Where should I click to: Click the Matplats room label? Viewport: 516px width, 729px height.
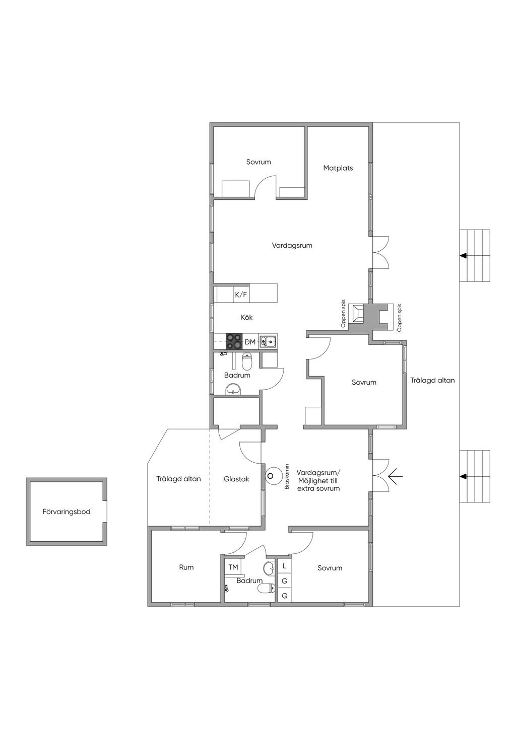click(x=338, y=168)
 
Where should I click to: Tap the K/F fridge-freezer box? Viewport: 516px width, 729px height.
click(x=241, y=294)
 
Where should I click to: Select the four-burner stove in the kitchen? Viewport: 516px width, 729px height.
click(x=234, y=341)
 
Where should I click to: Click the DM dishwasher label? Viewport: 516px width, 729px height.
click(x=250, y=342)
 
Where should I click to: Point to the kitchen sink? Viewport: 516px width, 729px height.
click(x=268, y=341)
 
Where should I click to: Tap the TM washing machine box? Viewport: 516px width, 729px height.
click(x=233, y=567)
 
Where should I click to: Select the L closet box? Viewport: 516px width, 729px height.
click(x=284, y=565)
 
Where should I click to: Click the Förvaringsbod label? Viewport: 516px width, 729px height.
click(x=66, y=512)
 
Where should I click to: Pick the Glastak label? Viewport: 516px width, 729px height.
click(x=236, y=479)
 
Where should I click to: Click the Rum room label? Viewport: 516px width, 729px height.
click(x=186, y=567)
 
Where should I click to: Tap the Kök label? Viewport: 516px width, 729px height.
click(x=246, y=317)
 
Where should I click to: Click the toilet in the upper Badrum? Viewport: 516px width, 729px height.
click(x=247, y=361)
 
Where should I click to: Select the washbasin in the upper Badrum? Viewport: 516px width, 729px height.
click(x=233, y=389)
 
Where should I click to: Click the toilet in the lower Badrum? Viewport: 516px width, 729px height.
click(x=267, y=588)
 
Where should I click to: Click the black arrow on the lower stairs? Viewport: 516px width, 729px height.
click(x=463, y=476)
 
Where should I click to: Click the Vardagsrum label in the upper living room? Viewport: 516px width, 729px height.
click(x=292, y=245)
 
